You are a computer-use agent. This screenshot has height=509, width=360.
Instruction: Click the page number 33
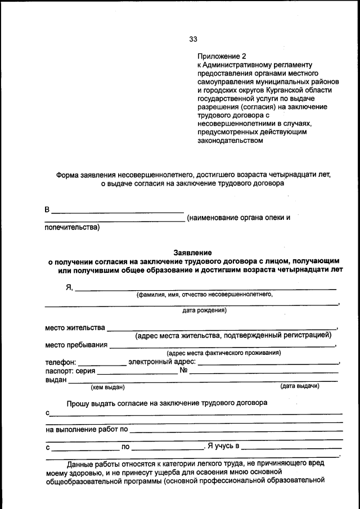[193, 39]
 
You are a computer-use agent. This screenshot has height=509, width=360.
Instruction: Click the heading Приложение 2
[222, 56]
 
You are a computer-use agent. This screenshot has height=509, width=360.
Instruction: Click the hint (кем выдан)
[107, 386]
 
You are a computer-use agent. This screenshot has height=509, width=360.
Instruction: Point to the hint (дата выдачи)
[300, 386]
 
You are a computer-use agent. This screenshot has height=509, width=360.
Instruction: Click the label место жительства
[75, 327]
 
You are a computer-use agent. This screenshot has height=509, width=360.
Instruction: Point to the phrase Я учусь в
[223, 447]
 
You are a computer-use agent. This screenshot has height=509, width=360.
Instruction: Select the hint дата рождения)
[204, 310]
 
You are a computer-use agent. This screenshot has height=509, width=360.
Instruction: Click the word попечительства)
[72, 227]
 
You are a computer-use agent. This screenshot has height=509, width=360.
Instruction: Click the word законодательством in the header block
[230, 141]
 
